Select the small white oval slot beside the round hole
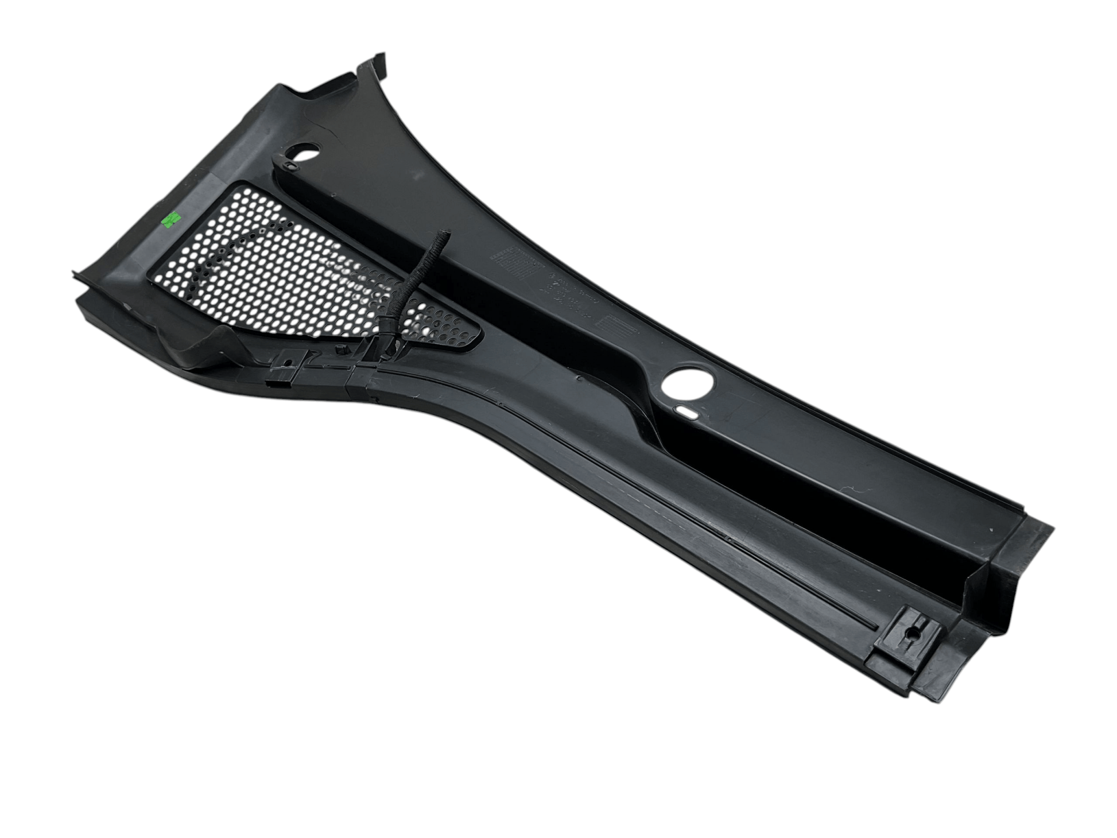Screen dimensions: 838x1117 pyautogui.click(x=687, y=411)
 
